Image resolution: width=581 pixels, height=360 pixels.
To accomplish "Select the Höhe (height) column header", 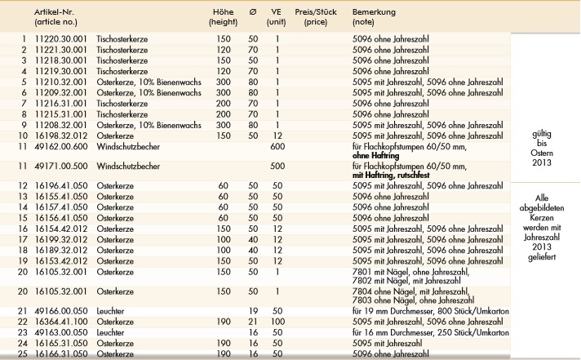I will pos(221,17).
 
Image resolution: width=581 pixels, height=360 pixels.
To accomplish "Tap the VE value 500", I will pos(277,167).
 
